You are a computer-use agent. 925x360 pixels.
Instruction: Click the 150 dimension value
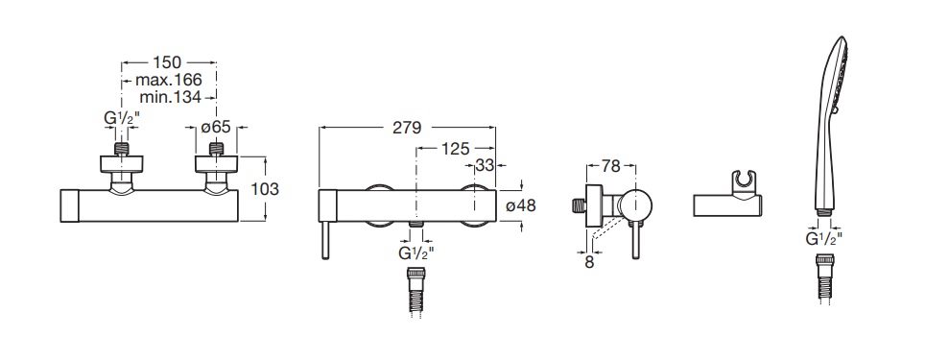(167, 62)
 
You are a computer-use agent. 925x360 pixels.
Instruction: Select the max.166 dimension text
(169, 80)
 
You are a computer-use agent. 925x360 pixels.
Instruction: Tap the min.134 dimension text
(171, 97)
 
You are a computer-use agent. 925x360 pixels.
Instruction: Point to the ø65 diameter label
(215, 127)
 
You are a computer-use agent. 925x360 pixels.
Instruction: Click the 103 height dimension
(265, 189)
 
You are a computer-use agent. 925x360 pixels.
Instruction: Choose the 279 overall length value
(407, 128)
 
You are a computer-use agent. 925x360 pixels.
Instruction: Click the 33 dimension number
(485, 166)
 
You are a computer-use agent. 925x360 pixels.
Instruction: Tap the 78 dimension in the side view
(611, 167)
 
